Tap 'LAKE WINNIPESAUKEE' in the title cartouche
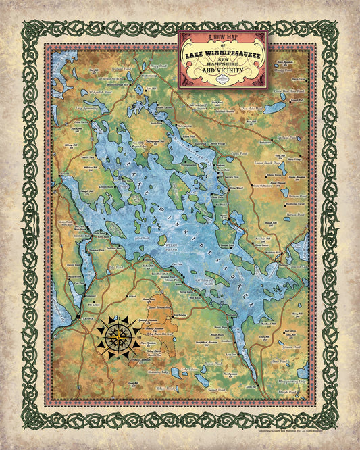223,47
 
